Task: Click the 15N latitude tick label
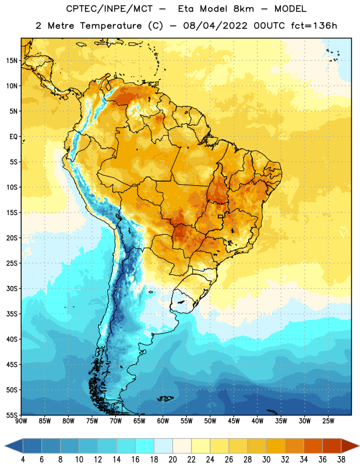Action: [x=12, y=61]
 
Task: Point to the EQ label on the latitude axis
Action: [x=13, y=137]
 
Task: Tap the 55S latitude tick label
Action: [x=12, y=415]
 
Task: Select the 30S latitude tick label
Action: [x=12, y=288]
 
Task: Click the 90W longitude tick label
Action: [x=21, y=421]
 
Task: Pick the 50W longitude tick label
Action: [x=210, y=421]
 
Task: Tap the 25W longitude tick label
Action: [x=328, y=421]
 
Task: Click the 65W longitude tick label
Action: [x=139, y=421]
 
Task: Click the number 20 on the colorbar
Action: [x=172, y=460]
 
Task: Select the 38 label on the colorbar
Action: [x=341, y=460]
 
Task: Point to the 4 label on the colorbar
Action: [x=23, y=460]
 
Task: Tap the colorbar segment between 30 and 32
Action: [x=276, y=446]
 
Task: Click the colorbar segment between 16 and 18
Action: [x=145, y=446]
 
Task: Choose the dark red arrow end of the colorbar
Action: [x=350, y=446]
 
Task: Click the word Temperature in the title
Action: [x=111, y=26]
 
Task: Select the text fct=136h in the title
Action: [x=314, y=26]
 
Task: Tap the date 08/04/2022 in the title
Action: [x=215, y=26]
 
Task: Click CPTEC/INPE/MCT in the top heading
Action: [x=109, y=9]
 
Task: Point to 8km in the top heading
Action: [x=243, y=9]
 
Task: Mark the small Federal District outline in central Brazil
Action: [x=221, y=216]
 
